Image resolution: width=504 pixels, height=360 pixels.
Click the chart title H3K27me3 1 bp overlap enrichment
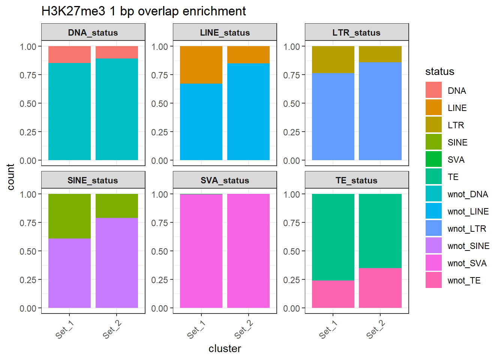click(x=144, y=11)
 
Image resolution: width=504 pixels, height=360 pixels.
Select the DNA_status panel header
click(x=93, y=33)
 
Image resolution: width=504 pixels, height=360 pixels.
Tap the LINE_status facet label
click(x=225, y=33)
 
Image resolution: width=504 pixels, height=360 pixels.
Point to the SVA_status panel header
click(x=225, y=180)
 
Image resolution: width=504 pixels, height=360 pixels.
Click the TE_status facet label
click(x=357, y=180)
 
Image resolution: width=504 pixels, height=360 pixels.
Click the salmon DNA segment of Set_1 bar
click(x=69, y=54)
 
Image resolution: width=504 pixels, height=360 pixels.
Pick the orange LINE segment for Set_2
click(x=248, y=55)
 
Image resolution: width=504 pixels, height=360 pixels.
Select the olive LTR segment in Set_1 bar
click(x=333, y=60)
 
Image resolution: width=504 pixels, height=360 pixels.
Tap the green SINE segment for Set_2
click(x=117, y=206)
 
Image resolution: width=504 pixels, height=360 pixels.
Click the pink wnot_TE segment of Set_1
click(x=333, y=294)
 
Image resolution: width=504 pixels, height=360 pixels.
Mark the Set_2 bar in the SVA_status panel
click(x=248, y=251)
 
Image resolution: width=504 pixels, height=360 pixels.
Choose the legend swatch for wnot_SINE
click(x=433, y=246)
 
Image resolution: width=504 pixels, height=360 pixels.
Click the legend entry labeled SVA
click(x=456, y=160)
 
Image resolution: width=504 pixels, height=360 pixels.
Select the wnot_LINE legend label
click(x=468, y=211)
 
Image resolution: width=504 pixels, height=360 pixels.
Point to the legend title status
click(x=439, y=72)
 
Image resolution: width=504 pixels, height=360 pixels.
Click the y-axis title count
click(x=10, y=177)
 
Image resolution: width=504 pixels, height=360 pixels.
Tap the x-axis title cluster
click(x=225, y=349)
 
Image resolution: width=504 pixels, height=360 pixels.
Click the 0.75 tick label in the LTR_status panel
click(x=291, y=75)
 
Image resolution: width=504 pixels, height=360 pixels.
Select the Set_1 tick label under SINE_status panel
click(x=64, y=330)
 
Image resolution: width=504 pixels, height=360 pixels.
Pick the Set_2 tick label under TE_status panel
click(x=375, y=330)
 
